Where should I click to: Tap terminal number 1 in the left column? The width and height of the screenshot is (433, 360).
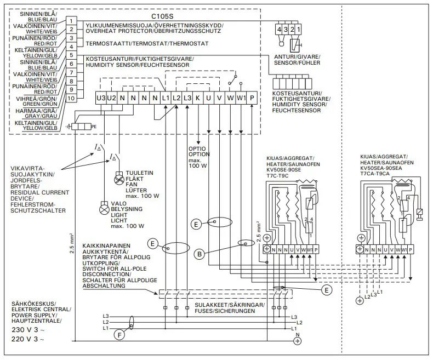(71, 20)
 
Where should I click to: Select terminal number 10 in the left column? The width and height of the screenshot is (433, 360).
(71, 98)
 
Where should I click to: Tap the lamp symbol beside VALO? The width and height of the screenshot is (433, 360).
(102, 209)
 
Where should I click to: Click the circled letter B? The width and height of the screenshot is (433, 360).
(200, 253)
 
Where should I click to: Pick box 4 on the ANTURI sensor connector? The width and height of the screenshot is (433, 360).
(280, 28)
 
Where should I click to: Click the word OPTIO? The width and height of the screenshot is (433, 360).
(197, 148)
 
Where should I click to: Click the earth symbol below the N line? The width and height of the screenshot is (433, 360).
(298, 340)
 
